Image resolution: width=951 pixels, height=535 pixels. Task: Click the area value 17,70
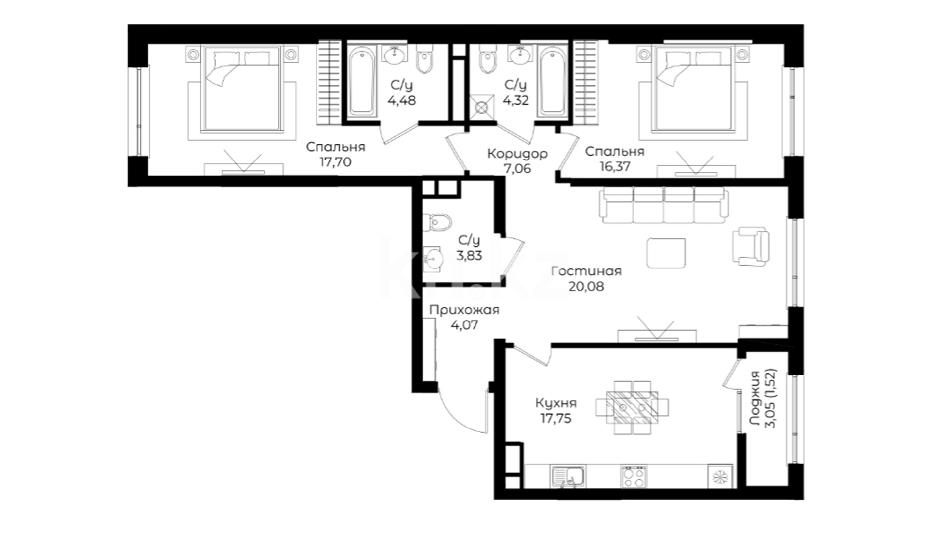click(335, 162)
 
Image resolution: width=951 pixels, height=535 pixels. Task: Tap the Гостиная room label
click(586, 271)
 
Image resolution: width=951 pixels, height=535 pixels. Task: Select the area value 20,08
click(586, 287)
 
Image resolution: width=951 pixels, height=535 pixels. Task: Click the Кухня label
click(556, 403)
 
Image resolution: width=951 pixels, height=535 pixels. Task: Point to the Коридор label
click(517, 154)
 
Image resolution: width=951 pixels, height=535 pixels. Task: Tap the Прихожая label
click(464, 310)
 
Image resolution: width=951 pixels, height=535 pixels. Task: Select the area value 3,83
click(469, 256)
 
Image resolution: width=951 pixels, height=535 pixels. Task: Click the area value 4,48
click(401, 100)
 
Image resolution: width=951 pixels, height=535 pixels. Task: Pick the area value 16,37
click(615, 167)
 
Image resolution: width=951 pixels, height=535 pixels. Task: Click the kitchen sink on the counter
click(568, 476)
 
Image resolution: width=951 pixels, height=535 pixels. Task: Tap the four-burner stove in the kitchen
click(634, 477)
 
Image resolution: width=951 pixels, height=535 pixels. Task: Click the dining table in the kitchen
click(632, 407)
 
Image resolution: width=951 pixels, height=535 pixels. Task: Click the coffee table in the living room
click(666, 253)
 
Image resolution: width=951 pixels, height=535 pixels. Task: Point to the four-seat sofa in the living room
click(664, 205)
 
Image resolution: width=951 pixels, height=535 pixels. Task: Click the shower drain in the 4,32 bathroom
click(481, 107)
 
